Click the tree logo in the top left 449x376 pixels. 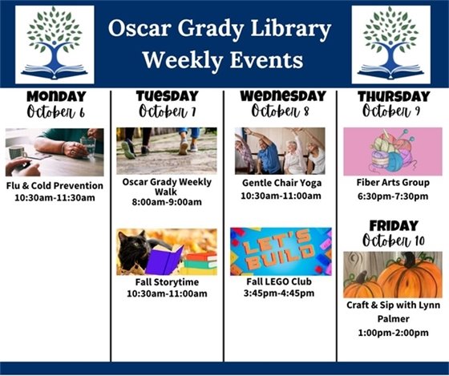point(55,44)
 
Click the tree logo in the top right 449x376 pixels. point(390,44)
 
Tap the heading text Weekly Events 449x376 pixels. point(221,60)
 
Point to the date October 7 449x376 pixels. point(167,111)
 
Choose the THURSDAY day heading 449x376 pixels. point(393,96)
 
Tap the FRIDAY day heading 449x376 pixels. point(393,225)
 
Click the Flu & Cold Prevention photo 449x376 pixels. point(55,152)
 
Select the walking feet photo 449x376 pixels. point(166,151)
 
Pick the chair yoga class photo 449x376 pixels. point(280,151)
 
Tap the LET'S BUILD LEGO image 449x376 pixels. point(280,251)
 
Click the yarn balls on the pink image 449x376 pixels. point(393,152)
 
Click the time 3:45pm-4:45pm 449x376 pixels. point(280,293)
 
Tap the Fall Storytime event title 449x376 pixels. point(166,282)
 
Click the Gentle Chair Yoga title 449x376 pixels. point(280,182)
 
